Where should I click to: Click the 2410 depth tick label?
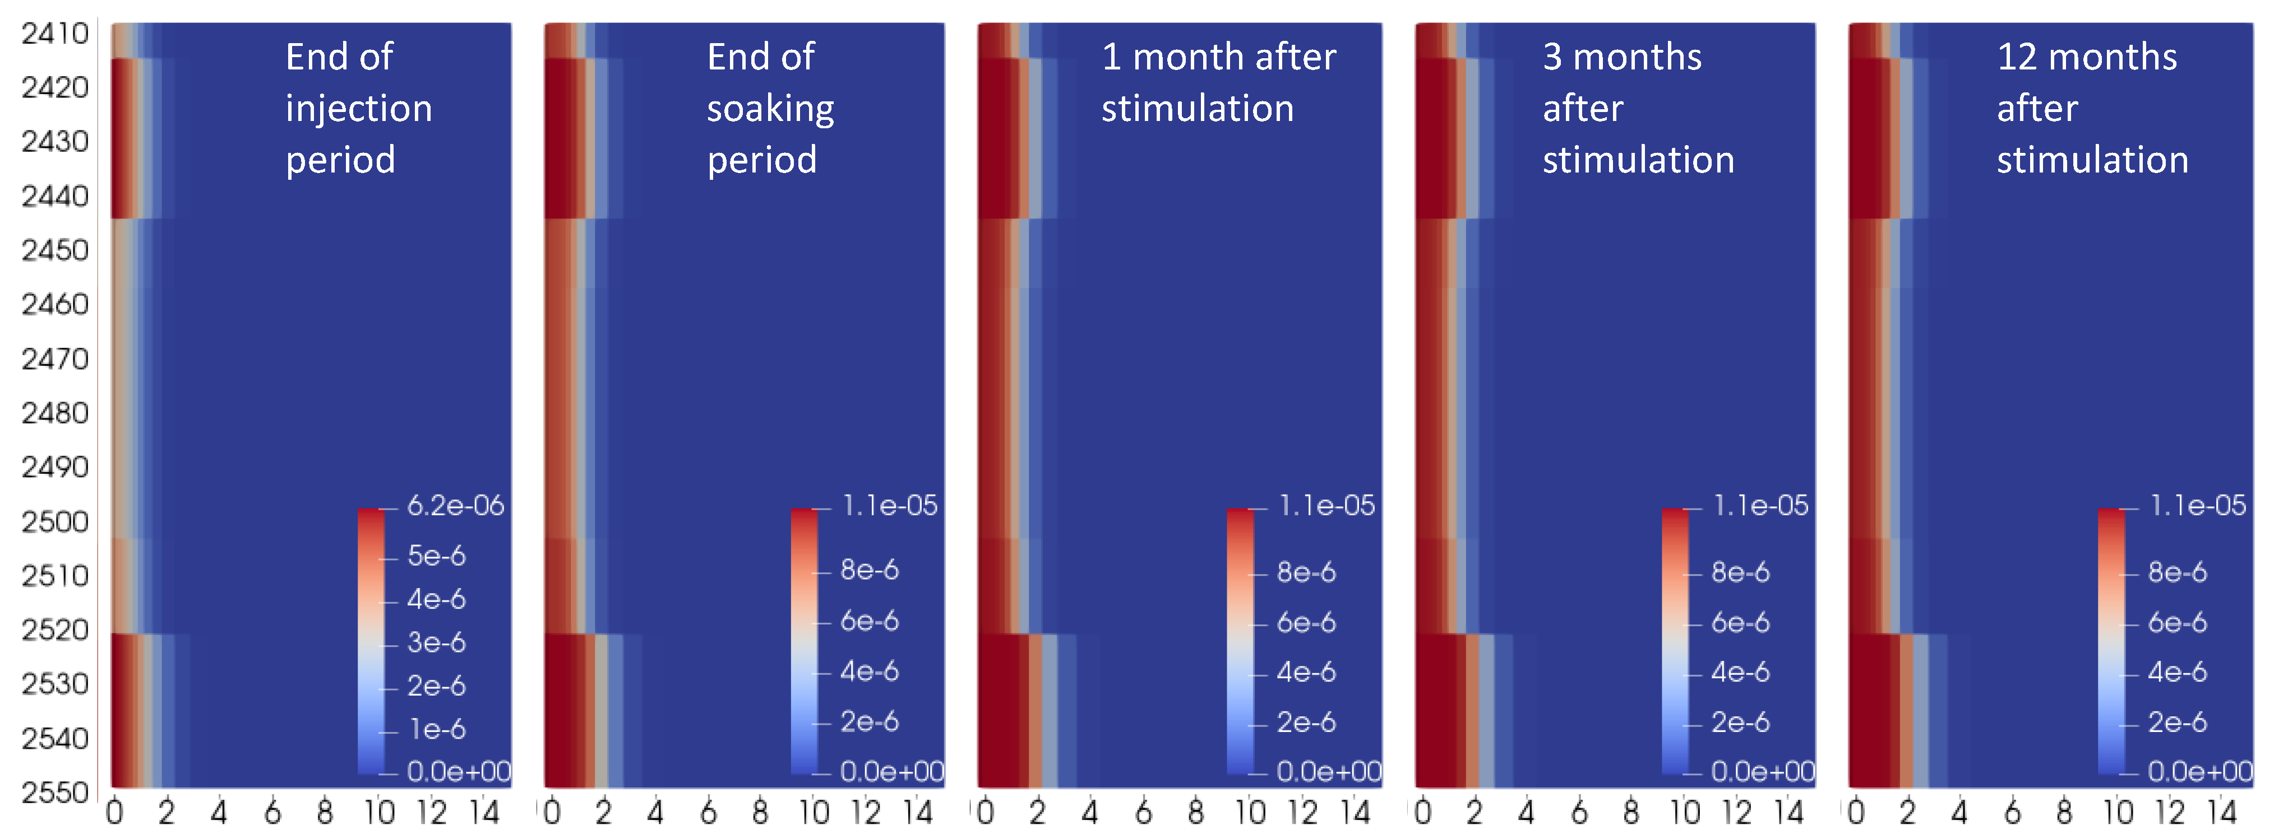(55, 34)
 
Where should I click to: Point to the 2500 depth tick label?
(55, 521)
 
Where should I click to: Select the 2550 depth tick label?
(55, 793)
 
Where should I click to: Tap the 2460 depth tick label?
(55, 304)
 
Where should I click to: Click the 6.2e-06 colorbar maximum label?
(455, 506)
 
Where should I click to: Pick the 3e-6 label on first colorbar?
(436, 642)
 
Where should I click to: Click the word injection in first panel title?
(358, 109)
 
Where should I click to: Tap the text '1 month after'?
(1218, 57)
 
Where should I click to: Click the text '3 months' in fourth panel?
(1621, 57)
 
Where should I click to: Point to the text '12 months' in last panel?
(2086, 57)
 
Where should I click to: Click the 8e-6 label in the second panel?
(870, 570)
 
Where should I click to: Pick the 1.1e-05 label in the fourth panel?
(1760, 506)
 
